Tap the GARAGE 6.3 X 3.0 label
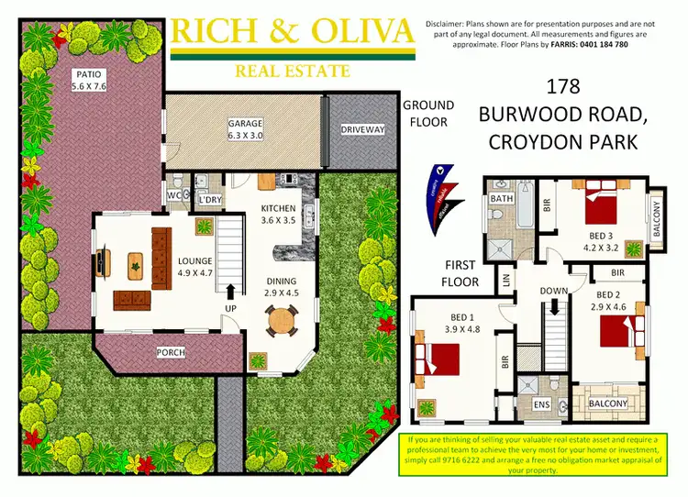point(245,130)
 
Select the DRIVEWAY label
point(363,130)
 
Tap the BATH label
point(501,198)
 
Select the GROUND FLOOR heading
point(425,114)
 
